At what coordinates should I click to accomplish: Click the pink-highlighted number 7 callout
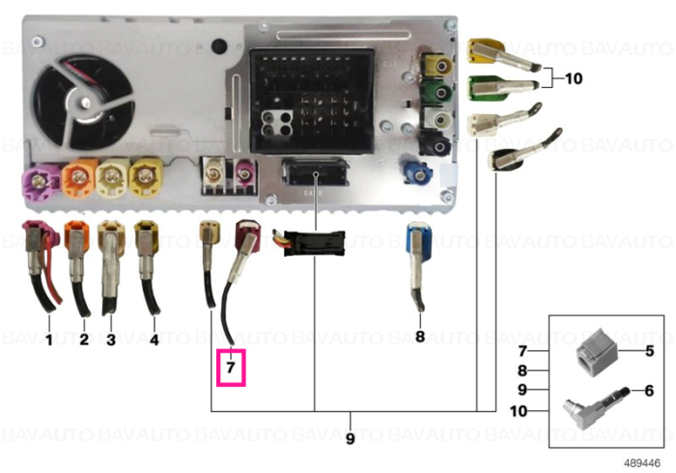point(231,368)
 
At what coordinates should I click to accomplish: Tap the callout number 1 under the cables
point(49,340)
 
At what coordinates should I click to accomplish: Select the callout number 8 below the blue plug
point(420,336)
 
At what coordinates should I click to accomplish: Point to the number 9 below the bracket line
point(350,438)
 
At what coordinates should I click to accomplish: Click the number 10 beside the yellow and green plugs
point(574,78)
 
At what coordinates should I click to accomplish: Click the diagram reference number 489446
point(642,463)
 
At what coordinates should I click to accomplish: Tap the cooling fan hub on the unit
point(85,104)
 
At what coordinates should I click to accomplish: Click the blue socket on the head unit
point(416,171)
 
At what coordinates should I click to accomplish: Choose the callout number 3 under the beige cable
point(111,340)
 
